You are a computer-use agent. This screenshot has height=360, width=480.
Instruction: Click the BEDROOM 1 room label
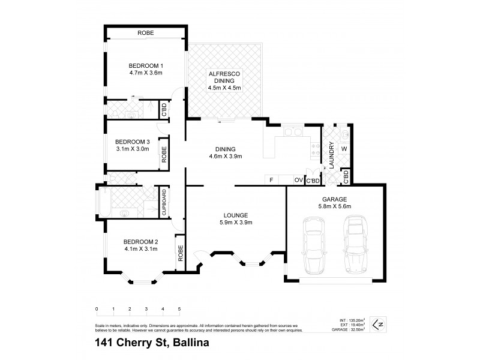point(146,65)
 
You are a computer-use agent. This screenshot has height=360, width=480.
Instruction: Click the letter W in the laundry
point(344,148)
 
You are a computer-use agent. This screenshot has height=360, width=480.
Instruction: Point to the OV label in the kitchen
point(298,180)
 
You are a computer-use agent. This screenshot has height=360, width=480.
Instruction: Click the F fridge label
point(271,180)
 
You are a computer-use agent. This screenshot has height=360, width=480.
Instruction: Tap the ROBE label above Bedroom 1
point(146,33)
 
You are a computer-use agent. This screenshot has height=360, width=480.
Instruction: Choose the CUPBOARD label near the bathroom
point(163,202)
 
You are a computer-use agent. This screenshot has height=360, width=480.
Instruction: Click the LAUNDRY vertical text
point(331,154)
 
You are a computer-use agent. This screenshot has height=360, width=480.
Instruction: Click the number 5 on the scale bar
point(179,309)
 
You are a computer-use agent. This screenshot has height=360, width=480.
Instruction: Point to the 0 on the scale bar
point(97,309)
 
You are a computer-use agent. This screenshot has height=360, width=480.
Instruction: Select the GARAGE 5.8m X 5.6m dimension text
point(334,206)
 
